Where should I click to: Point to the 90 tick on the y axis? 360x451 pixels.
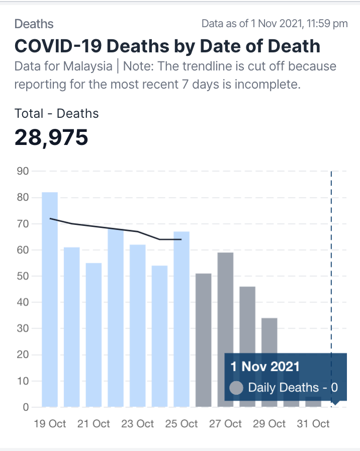(22, 171)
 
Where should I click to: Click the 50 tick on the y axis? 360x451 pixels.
(22, 276)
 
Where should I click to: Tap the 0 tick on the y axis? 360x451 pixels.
(25, 407)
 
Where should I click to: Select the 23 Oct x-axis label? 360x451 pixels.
(138, 424)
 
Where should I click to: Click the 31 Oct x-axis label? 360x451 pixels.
(313, 424)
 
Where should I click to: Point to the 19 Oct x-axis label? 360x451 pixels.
(50, 424)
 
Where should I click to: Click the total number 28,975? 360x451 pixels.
(51, 137)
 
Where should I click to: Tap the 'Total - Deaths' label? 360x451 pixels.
(57, 113)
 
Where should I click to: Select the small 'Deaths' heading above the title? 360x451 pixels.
(34, 24)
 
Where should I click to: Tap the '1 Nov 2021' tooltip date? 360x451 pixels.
(265, 366)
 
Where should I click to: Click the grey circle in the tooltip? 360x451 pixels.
(236, 388)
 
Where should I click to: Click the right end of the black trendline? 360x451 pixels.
(181, 240)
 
